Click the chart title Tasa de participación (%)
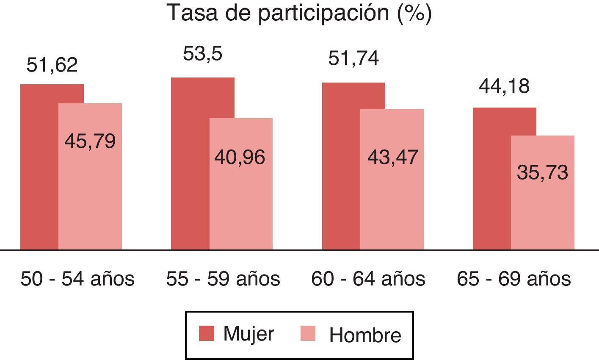(x=299, y=13)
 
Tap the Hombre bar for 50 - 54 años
(x=90, y=195)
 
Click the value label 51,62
(x=52, y=65)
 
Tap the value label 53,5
(x=202, y=54)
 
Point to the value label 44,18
(x=504, y=86)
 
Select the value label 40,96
(x=240, y=157)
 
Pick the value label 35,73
(x=542, y=173)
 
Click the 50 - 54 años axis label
(x=77, y=279)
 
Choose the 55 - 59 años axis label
(x=223, y=279)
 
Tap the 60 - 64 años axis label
(x=368, y=279)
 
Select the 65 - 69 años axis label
(x=513, y=279)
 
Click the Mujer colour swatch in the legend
(x=207, y=333)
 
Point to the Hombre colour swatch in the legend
(x=308, y=333)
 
